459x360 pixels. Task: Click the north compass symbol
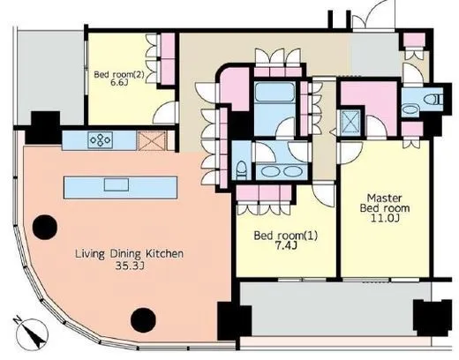[32, 334]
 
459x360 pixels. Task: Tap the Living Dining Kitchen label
[130, 254]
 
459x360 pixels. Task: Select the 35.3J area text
[130, 266]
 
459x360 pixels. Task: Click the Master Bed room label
[385, 203]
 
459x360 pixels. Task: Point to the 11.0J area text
[385, 219]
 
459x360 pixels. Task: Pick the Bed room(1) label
[286, 236]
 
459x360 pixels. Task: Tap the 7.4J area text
[285, 246]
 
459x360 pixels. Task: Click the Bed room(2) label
[119, 74]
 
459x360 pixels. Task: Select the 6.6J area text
[119, 82]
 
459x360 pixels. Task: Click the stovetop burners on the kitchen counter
[101, 140]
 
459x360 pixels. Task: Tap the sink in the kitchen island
[117, 185]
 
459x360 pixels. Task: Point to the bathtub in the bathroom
[275, 92]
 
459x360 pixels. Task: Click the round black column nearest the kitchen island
[45, 227]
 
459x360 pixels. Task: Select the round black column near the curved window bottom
[143, 320]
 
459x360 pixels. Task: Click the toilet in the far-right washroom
[433, 100]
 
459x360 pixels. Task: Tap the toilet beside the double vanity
[242, 170]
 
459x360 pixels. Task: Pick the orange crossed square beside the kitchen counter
[153, 141]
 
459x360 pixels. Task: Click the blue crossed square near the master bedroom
[350, 123]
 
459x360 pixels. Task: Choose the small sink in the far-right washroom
[410, 110]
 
